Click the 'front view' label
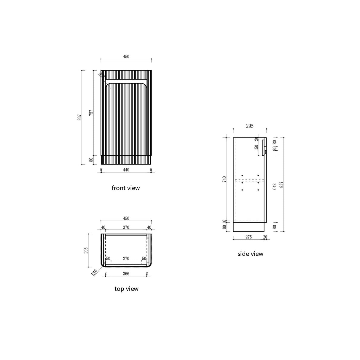(125, 188)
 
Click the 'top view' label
(126, 289)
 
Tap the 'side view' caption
(250, 254)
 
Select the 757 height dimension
(91, 113)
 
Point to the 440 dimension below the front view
(126, 170)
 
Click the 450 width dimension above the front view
(126, 57)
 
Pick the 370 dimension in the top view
(126, 227)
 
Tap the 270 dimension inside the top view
(126, 259)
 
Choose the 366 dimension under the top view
(126, 274)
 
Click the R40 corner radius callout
(94, 272)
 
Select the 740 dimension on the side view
(224, 179)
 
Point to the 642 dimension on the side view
(275, 186)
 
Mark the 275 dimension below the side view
(248, 237)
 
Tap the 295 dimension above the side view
(250, 126)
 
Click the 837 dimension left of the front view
(79, 117)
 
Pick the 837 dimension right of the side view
(281, 184)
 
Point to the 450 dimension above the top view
(126, 219)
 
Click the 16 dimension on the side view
(224, 221)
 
